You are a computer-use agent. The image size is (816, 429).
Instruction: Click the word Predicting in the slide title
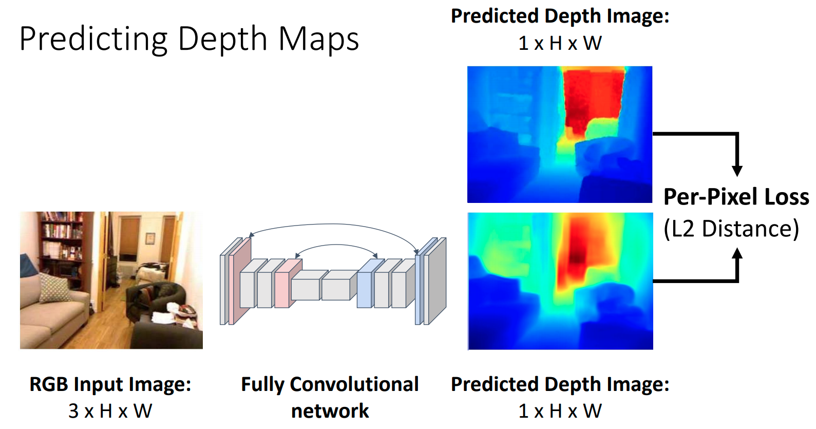[x=93, y=40]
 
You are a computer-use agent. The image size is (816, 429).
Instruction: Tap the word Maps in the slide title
[x=319, y=40]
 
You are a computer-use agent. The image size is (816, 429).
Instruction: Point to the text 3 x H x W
[x=110, y=411]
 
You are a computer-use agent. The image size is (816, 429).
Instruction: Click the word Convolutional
[x=354, y=384]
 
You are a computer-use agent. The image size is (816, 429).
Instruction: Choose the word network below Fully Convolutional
[x=330, y=411]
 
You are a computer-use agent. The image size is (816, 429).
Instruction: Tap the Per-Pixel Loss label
[x=736, y=197]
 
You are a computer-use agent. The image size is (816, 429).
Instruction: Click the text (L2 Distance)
[x=731, y=229]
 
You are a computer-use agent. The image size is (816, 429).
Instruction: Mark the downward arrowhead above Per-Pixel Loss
[x=737, y=171]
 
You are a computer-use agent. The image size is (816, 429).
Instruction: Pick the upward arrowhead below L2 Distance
[x=737, y=254]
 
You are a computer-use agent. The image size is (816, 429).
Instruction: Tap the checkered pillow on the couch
[x=54, y=288]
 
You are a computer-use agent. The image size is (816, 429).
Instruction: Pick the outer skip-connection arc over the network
[x=333, y=224]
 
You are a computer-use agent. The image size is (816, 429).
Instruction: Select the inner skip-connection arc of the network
[x=336, y=245]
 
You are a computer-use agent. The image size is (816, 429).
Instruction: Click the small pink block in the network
[x=288, y=284]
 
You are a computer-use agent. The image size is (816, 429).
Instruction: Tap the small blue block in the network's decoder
[x=370, y=284]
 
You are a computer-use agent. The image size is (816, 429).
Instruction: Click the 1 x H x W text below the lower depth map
[x=560, y=411]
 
